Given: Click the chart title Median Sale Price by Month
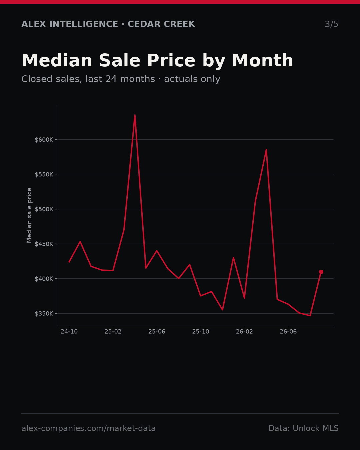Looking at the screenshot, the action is coord(157,61).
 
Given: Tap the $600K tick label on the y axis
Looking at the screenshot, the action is coord(44,140).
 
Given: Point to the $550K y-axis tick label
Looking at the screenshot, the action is coord(44,174).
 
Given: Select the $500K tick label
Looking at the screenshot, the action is coord(44,209).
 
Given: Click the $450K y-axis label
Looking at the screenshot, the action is coord(44,244).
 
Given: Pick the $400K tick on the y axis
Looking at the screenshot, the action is coord(44,279).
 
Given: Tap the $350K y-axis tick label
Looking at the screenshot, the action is coord(44,313).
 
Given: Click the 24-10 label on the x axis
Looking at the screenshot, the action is coord(69,332).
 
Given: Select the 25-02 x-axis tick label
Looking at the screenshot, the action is coord(113,332).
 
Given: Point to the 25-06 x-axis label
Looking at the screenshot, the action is coord(157,332).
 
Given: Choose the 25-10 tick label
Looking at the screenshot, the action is coord(201,332).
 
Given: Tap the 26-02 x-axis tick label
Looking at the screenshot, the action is coord(244,332).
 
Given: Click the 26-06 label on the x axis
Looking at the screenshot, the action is coord(288,332).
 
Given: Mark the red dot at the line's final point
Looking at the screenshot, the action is coord(321,272).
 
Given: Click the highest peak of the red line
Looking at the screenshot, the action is coord(135,115).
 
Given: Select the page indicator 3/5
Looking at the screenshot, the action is coord(332,24).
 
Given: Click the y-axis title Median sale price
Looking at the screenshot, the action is coord(29,215).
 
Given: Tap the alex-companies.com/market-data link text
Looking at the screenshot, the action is coord(88,428).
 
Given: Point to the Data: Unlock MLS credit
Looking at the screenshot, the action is coord(304,428).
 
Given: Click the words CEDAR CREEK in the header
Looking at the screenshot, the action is coord(161,24).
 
